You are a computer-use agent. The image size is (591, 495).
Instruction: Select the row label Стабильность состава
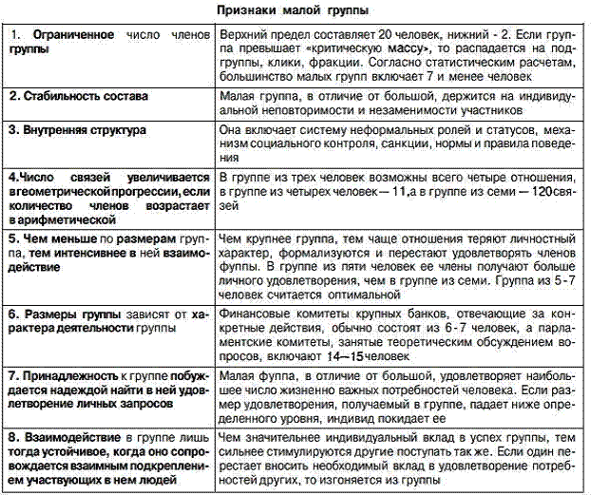tap(87, 97)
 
